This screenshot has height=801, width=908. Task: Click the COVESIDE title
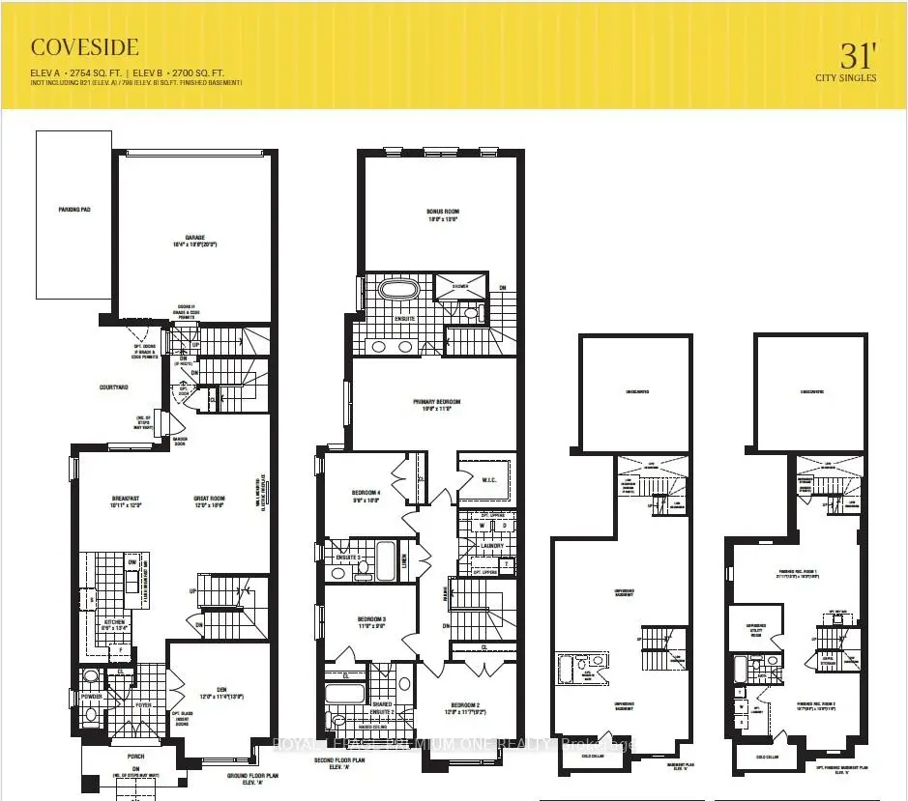click(x=85, y=46)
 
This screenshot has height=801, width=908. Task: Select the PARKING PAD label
click(x=73, y=208)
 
